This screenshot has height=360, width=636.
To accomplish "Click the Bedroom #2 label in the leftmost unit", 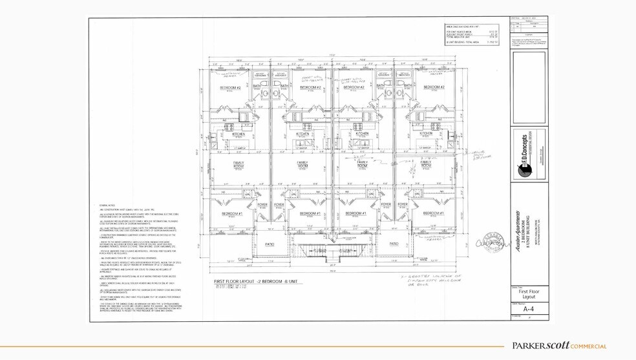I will (x=230, y=87).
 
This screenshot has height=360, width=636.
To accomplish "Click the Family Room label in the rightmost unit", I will (x=426, y=165).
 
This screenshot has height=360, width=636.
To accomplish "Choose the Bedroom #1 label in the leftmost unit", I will (x=231, y=213).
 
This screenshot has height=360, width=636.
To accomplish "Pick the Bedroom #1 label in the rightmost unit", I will (x=432, y=213).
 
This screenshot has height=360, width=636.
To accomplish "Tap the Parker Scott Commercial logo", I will (x=559, y=346).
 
